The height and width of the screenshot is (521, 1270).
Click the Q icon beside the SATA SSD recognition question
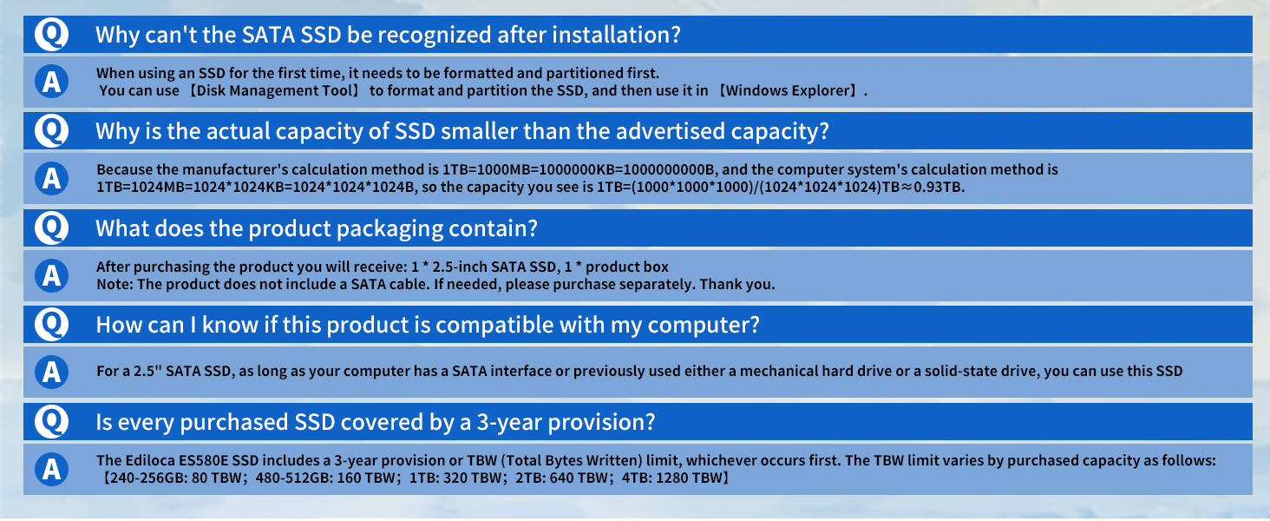tap(51, 35)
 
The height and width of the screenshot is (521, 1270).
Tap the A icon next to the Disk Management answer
tap(51, 82)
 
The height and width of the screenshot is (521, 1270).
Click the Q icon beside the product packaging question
tap(51, 228)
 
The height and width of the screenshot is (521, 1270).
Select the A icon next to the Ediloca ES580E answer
tap(51, 469)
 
